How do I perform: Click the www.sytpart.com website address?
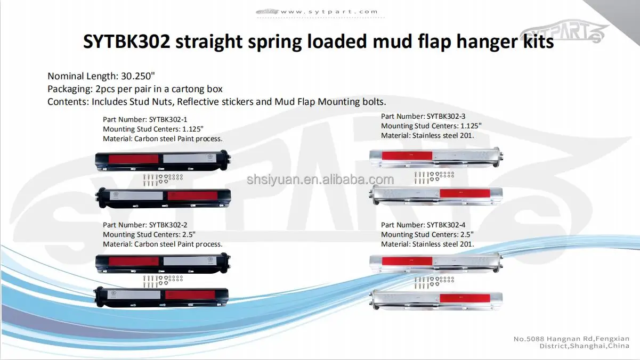pyautogui.click(x=329, y=12)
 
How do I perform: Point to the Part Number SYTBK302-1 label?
pyautogui.click(x=145, y=119)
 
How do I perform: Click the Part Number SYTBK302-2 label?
pyautogui.click(x=145, y=225)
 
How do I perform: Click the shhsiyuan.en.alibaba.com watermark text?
pyautogui.click(x=320, y=180)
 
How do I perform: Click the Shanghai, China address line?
pyautogui.click(x=585, y=347)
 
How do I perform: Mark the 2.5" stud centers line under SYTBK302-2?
pyautogui.click(x=149, y=234)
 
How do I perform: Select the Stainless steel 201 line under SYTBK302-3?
pyautogui.click(x=427, y=135)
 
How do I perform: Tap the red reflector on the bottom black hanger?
pyautogui.click(x=188, y=294)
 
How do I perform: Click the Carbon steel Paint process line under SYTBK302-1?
pyautogui.click(x=163, y=138)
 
